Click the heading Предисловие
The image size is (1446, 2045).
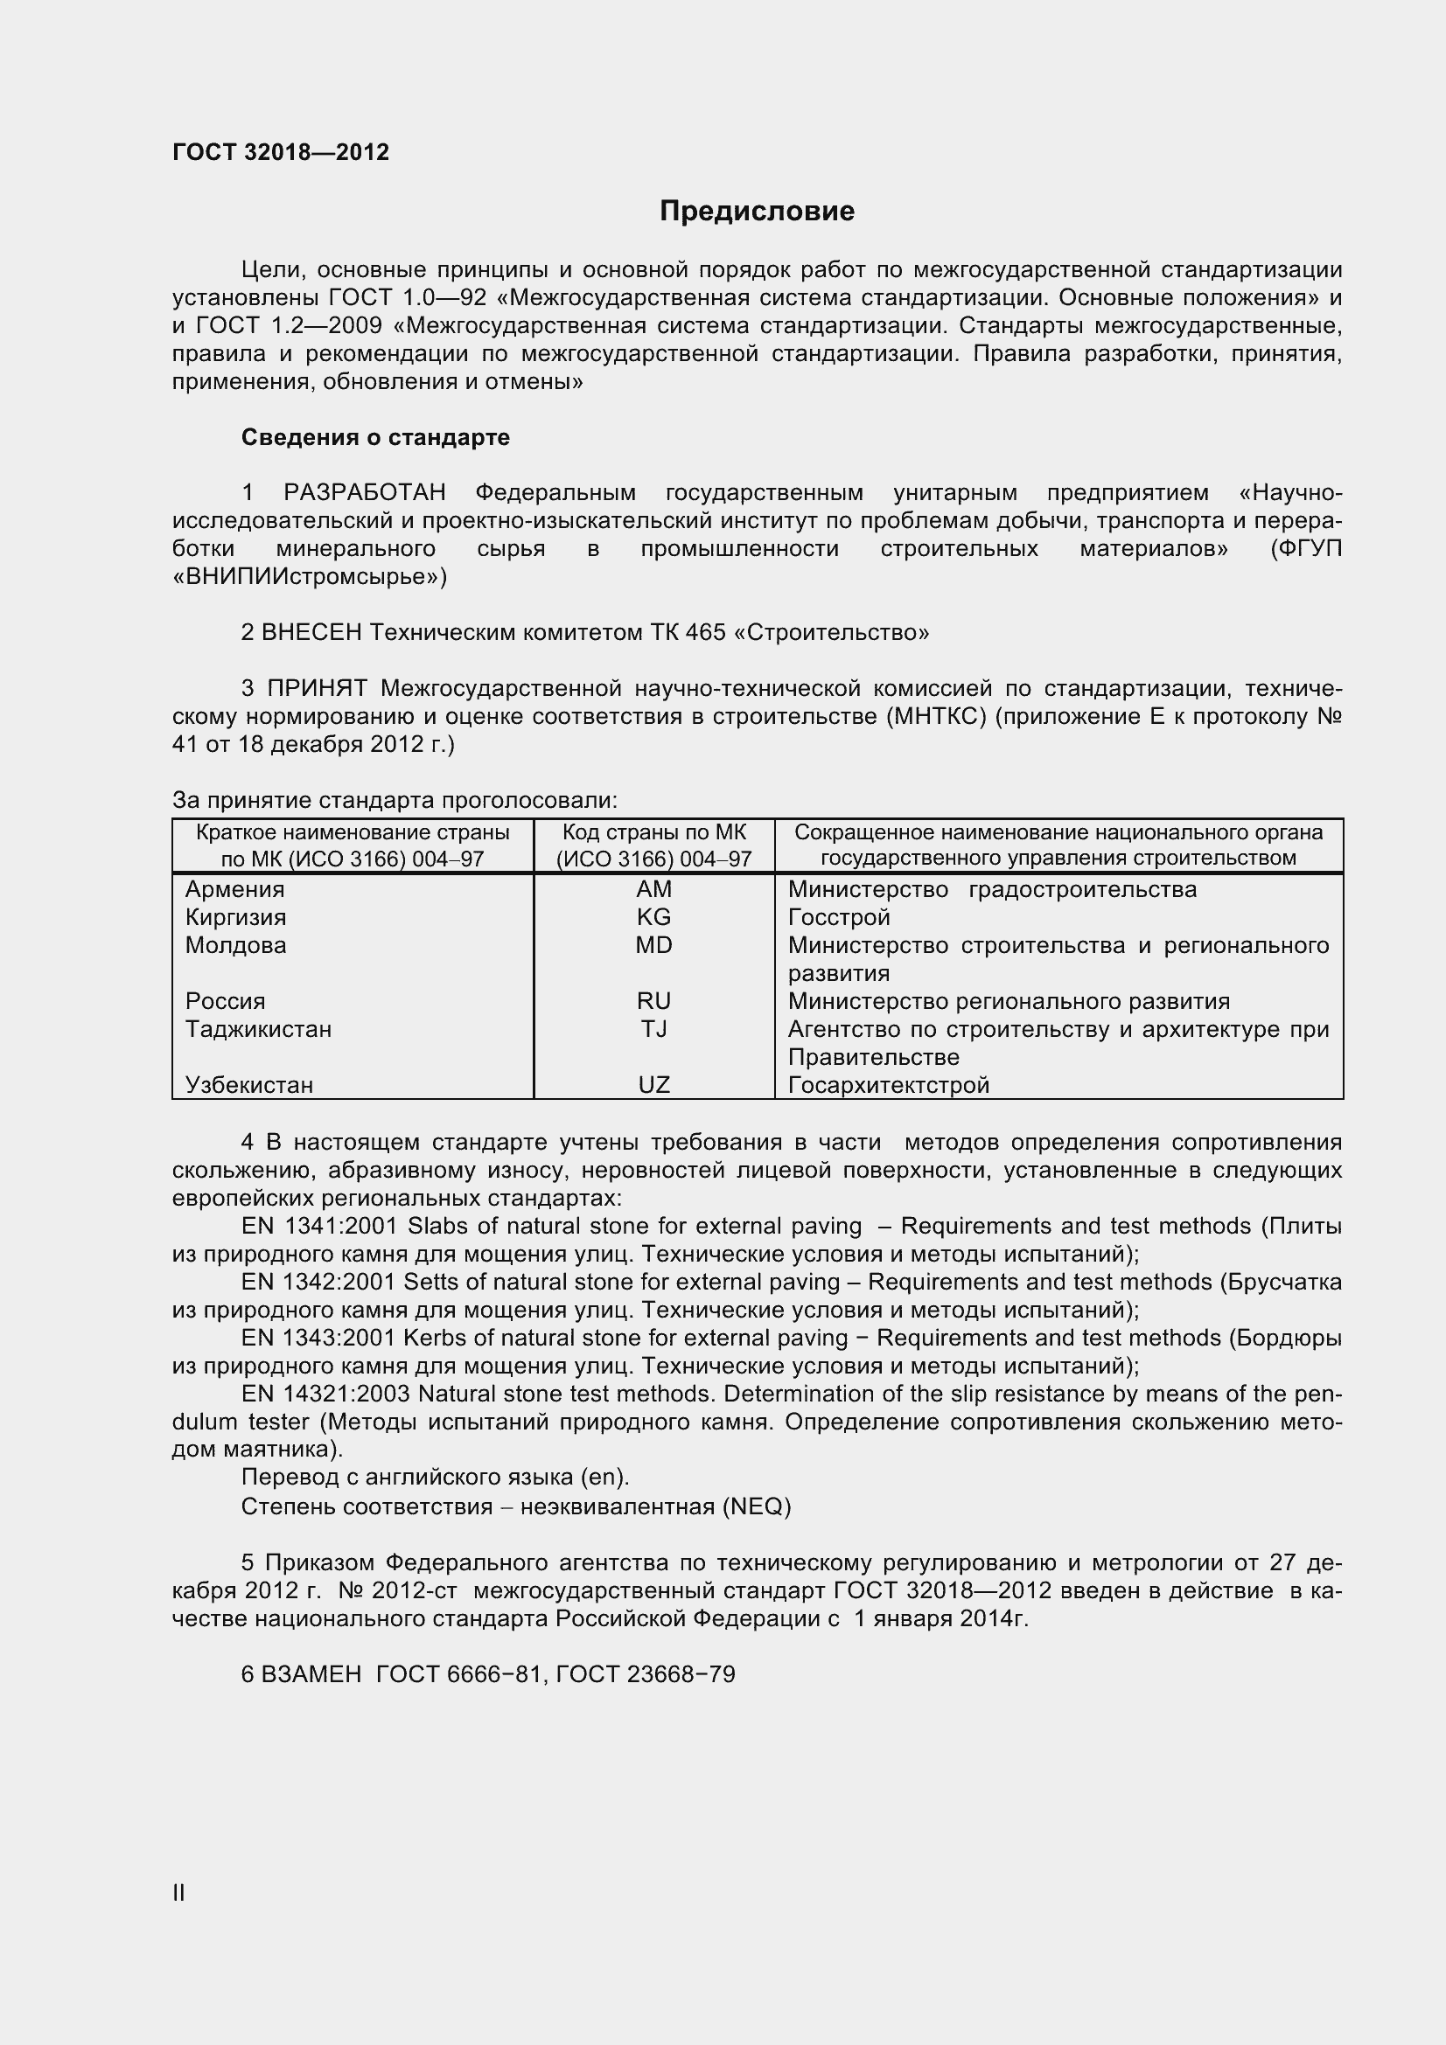757,211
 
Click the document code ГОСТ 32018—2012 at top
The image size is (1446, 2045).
281,152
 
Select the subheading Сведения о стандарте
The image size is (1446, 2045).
375,437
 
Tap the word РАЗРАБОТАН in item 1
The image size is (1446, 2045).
365,492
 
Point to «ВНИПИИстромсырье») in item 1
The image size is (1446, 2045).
309,577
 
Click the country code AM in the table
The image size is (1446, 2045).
653,889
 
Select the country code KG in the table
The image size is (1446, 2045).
653,917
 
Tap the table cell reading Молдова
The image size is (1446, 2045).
236,945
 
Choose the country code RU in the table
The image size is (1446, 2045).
653,1001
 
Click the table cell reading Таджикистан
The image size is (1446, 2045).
258,1029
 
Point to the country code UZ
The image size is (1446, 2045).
653,1085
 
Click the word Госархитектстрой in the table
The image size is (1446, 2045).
888,1085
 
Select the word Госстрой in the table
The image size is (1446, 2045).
838,917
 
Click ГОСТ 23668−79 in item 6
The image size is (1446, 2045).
645,1674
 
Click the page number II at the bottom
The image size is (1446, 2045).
179,1894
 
